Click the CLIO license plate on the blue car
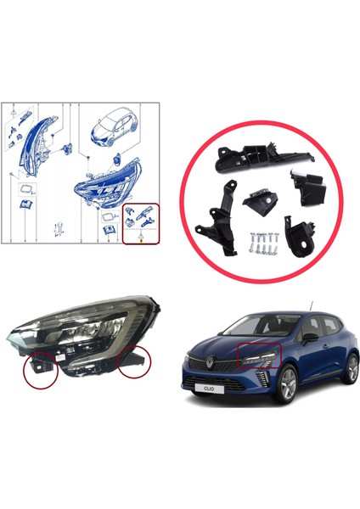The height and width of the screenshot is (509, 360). point(209,392)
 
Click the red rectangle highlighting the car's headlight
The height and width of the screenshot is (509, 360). point(260,357)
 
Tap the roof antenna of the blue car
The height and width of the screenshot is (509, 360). point(312,305)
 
